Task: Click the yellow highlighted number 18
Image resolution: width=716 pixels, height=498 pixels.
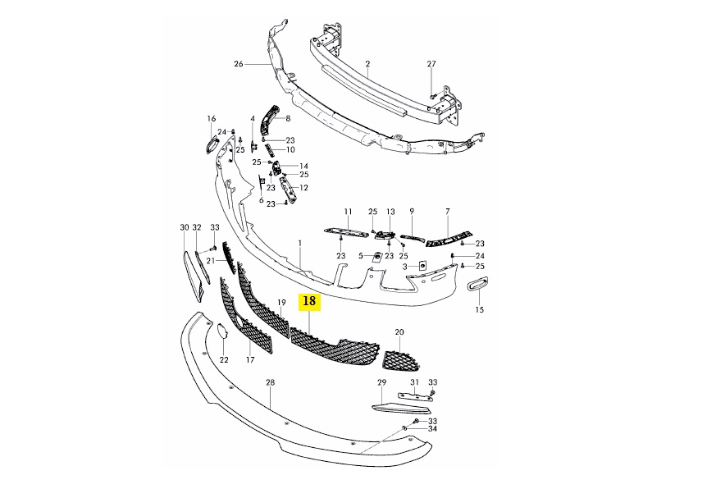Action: (309, 301)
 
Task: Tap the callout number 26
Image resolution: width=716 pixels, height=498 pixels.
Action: (239, 64)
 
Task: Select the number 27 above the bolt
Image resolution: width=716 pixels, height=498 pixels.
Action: (431, 64)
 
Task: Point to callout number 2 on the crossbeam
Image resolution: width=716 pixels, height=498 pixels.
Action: (367, 64)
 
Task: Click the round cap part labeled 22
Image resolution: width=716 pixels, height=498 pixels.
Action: (223, 331)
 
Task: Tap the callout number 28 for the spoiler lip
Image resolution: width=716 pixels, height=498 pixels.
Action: (270, 383)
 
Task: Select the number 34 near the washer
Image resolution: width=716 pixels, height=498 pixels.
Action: (432, 428)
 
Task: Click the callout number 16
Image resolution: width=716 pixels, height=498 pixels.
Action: (211, 119)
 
